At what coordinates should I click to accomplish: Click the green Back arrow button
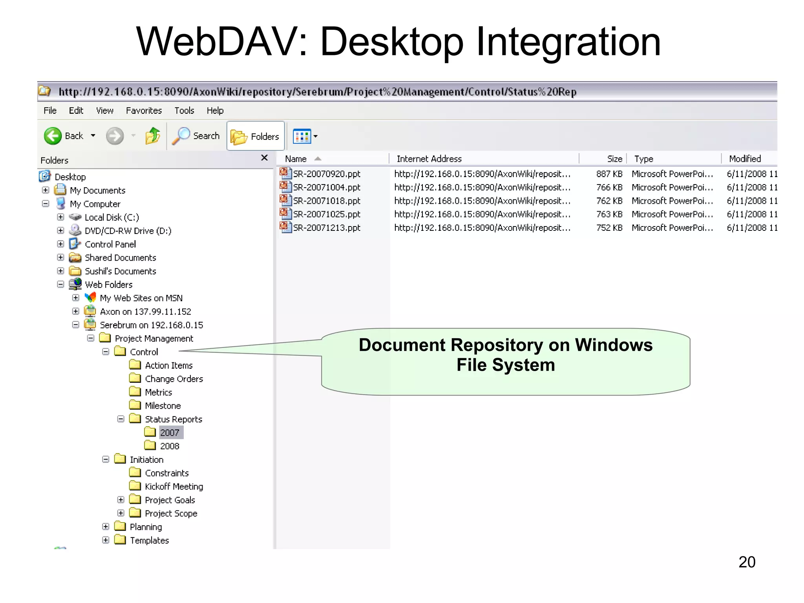(53, 136)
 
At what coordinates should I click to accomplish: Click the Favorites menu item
(144, 111)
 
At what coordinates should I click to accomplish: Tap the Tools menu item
(184, 111)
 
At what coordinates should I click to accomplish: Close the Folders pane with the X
(264, 158)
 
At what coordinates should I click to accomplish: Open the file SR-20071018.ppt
(326, 201)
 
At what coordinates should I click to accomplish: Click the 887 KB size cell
(609, 174)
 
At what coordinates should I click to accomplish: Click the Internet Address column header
(429, 159)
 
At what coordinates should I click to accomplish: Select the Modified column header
(745, 159)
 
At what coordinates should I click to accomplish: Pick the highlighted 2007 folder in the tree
(170, 433)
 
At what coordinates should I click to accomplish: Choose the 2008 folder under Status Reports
(169, 446)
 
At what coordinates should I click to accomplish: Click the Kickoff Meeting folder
(174, 487)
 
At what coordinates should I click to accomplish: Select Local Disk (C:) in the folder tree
(111, 217)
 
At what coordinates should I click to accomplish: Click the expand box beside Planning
(106, 527)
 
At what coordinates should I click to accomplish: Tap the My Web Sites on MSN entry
(141, 298)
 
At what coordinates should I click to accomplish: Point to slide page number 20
(747, 562)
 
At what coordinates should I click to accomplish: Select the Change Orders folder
(174, 379)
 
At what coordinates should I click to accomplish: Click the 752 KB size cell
(609, 228)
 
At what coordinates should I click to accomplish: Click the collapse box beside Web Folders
(60, 285)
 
